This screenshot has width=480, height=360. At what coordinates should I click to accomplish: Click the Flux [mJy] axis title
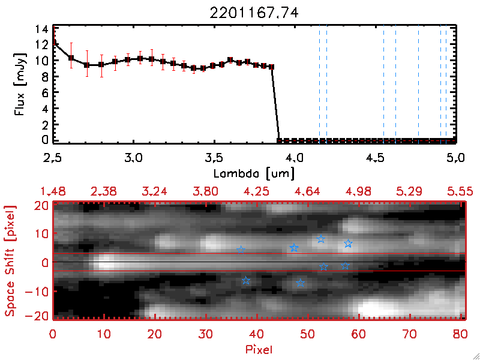click(24, 85)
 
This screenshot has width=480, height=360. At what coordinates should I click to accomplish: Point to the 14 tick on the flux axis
click(41, 29)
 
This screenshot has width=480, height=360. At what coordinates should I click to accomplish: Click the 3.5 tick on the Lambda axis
click(214, 158)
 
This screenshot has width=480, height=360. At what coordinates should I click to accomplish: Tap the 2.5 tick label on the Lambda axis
click(53, 158)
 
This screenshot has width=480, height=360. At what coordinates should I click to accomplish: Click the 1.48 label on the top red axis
click(53, 191)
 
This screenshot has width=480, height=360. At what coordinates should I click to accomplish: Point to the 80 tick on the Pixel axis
click(460, 332)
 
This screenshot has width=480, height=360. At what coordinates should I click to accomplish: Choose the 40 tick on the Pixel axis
click(257, 332)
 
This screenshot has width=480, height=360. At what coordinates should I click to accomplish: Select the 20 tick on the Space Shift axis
click(42, 205)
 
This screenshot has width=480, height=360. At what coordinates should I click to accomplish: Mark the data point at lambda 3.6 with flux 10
click(230, 60)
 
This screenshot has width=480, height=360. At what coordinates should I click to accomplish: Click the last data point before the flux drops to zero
click(272, 67)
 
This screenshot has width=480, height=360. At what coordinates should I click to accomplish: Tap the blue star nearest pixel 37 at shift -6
click(245, 281)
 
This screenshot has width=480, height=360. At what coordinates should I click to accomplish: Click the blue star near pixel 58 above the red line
click(348, 244)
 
